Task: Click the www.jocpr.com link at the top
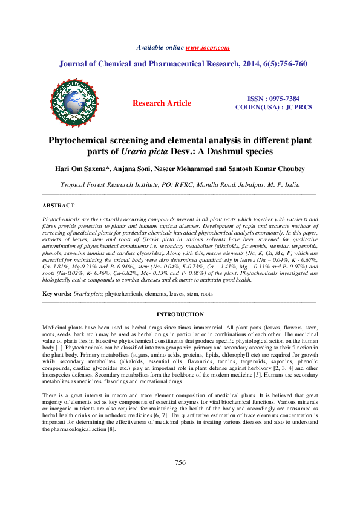coord(208,47)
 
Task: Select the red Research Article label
coord(162,103)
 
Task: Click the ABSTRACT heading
coord(59,206)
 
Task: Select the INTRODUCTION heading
coord(180,314)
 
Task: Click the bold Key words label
coord(57,293)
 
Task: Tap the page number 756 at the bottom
coord(180,462)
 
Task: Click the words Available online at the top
coord(160,47)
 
